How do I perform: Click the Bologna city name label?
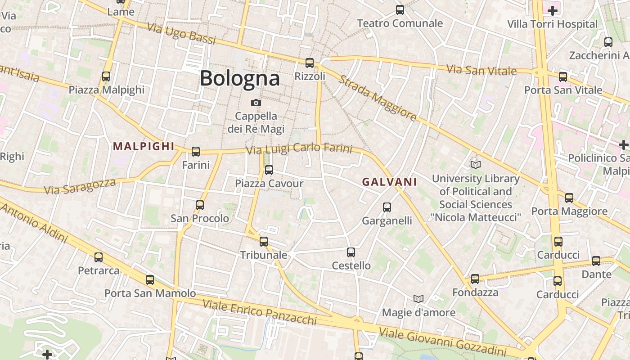pyautogui.click(x=240, y=78)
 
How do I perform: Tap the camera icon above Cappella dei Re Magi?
pyautogui.click(x=256, y=103)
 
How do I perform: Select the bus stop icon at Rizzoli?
pyautogui.click(x=310, y=63)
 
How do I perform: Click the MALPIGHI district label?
pyautogui.click(x=144, y=146)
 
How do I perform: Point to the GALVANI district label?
pyautogui.click(x=389, y=182)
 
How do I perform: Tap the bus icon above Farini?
pyautogui.click(x=196, y=152)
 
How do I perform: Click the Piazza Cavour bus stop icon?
pyautogui.click(x=269, y=170)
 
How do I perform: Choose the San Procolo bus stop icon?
pyautogui.click(x=200, y=205)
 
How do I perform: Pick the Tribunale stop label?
pyautogui.click(x=263, y=255)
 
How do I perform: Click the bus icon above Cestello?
pyautogui.click(x=351, y=252)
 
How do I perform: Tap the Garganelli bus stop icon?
pyautogui.click(x=387, y=207)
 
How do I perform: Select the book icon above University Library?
pyautogui.click(x=475, y=165)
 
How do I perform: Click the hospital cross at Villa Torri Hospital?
pyautogui.click(x=553, y=10)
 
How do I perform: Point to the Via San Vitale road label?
pyautogui.click(x=481, y=70)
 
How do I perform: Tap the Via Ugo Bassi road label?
pyautogui.click(x=181, y=33)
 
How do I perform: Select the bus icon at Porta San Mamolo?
pyautogui.click(x=150, y=280)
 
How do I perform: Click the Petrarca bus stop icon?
pyautogui.click(x=99, y=257)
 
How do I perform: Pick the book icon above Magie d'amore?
pyautogui.click(x=418, y=299)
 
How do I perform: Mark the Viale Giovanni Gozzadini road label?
pyautogui.click(x=443, y=342)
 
